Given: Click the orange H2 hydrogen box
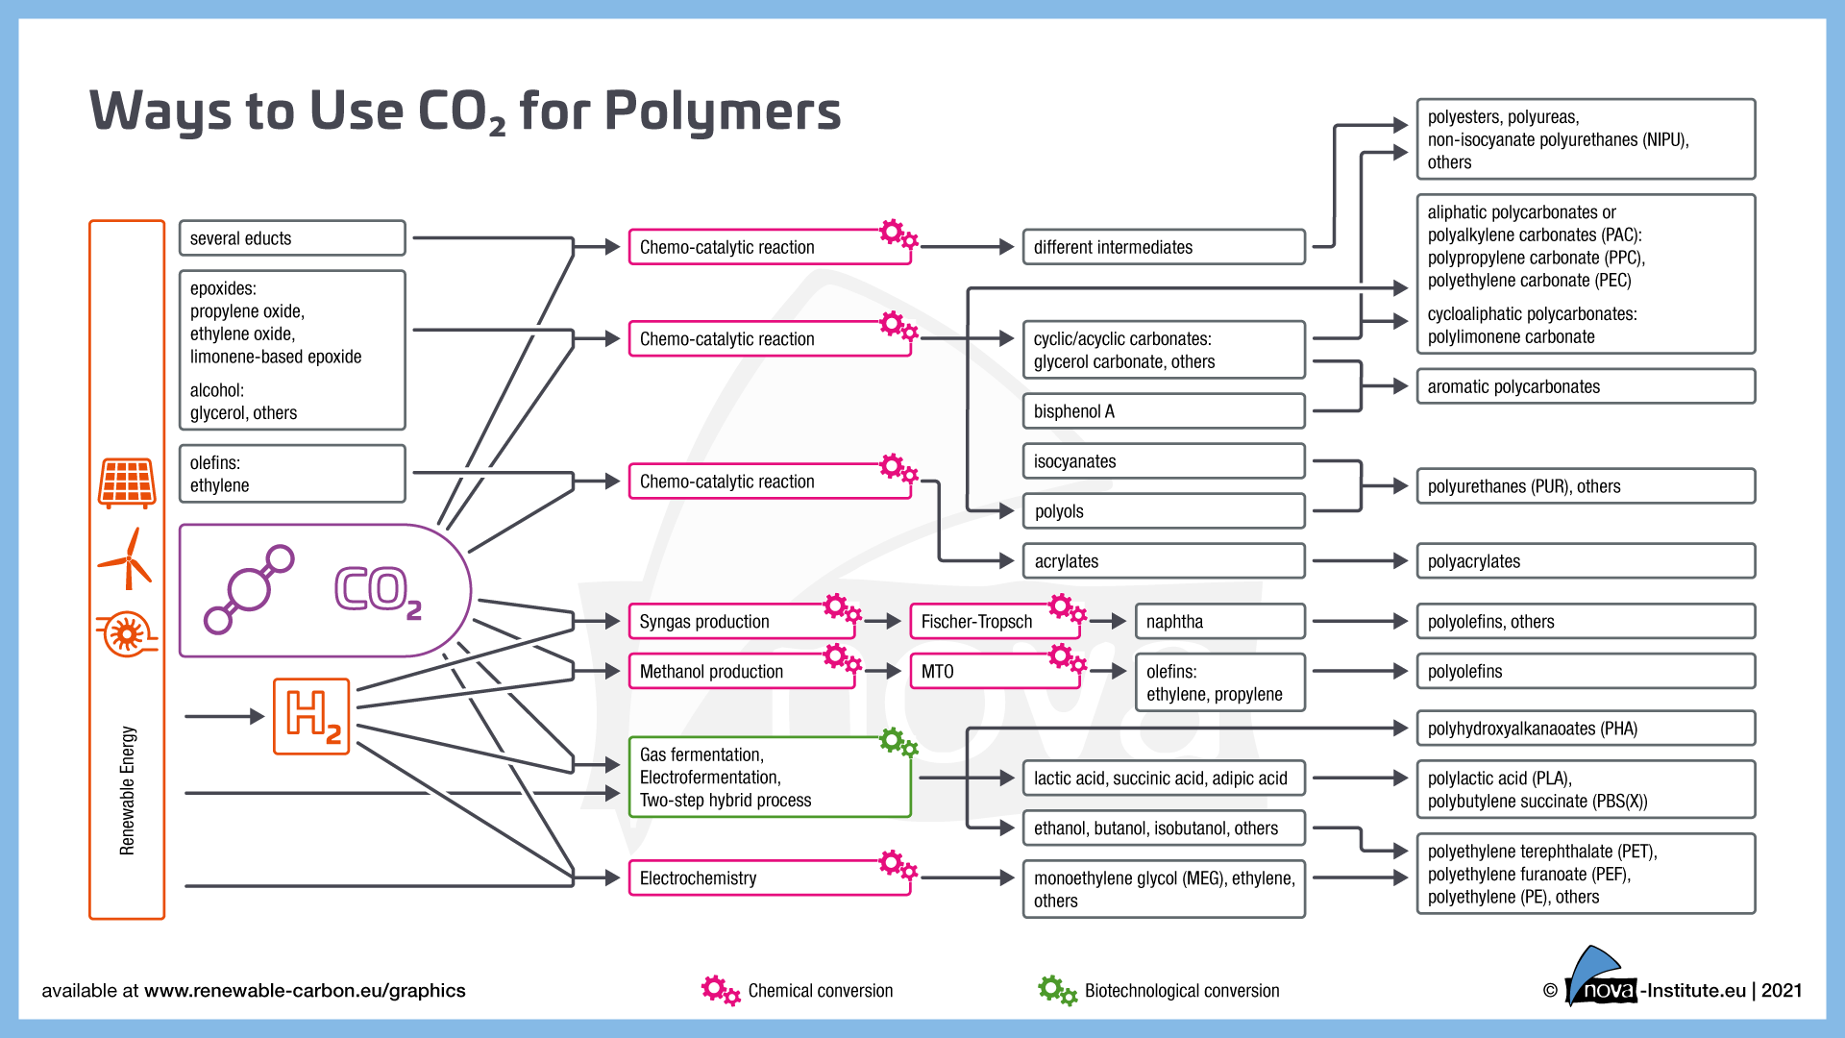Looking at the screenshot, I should tap(311, 716).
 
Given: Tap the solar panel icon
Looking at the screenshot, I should tap(127, 482).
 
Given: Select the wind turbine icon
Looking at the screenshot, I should tap(127, 560).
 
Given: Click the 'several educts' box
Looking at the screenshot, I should tap(292, 238).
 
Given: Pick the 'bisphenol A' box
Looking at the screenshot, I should tap(1163, 411).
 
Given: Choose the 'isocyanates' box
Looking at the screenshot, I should tap(1163, 461).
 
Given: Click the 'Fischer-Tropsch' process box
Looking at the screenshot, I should tap(994, 622).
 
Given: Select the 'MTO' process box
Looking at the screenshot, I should tap(994, 672).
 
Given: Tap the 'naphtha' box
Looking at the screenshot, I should tap(1219, 622).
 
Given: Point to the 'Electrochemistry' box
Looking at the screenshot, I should tap(769, 878).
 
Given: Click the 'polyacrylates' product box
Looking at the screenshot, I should tap(1585, 561).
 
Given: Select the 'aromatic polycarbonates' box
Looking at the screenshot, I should tap(1585, 386).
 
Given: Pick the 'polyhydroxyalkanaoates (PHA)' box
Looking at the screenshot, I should tap(1585, 729).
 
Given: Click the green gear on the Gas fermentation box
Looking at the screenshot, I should tap(898, 742).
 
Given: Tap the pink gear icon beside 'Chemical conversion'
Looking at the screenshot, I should tap(720, 990).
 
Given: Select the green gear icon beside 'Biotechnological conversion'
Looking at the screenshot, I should tap(1056, 990).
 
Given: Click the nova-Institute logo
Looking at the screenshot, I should tap(1601, 980).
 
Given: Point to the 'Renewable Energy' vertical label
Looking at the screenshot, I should tap(128, 790).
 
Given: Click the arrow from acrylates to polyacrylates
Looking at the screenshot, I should tap(1359, 561).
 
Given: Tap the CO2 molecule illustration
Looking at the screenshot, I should tap(250, 589).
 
